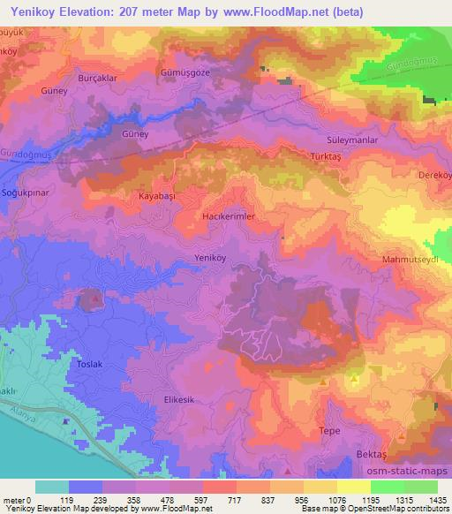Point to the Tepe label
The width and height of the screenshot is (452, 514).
[x=329, y=430]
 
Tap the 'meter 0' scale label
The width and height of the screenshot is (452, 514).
[x=17, y=500]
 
